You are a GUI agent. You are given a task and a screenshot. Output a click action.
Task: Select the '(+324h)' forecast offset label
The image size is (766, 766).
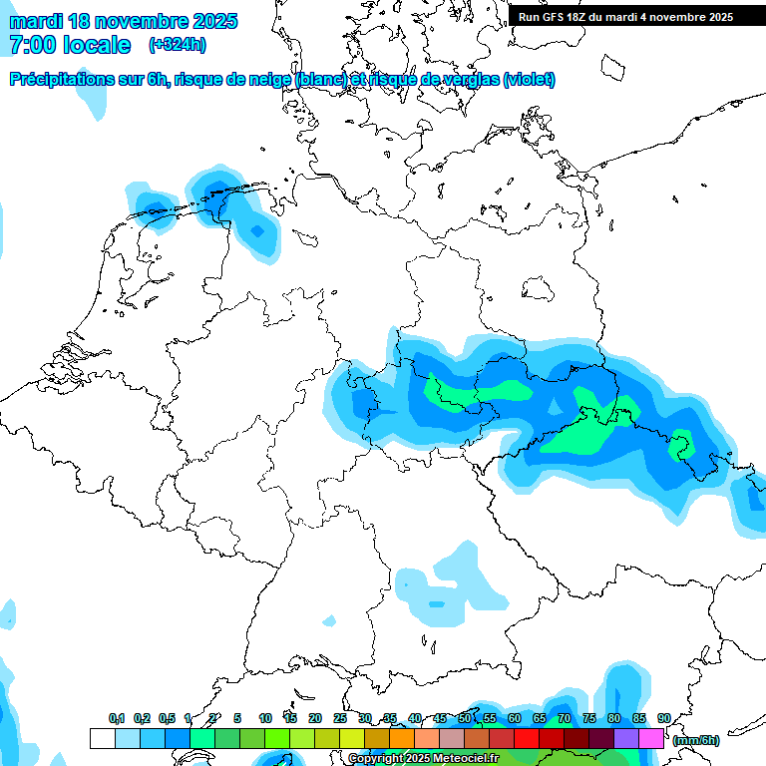[179, 45]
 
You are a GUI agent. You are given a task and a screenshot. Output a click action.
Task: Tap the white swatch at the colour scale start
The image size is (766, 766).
[102, 738]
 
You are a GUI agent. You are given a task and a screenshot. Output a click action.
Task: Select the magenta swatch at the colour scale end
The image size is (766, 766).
[651, 738]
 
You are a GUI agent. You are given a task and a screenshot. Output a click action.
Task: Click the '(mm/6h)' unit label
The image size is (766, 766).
[696, 740]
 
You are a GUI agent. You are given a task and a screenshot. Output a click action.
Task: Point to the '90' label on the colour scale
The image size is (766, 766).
[663, 718]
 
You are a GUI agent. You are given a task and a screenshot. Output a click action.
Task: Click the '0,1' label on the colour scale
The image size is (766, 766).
[116, 718]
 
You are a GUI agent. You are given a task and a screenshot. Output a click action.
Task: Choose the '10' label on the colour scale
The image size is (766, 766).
[264, 718]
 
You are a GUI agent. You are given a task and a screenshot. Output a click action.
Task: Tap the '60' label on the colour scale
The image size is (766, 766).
[514, 718]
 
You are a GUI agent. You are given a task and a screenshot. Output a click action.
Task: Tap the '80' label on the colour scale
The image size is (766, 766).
[613, 718]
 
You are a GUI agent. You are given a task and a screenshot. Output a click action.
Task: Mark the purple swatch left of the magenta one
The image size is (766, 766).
[626, 738]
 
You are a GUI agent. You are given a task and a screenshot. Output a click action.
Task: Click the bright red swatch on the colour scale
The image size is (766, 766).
[527, 738]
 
